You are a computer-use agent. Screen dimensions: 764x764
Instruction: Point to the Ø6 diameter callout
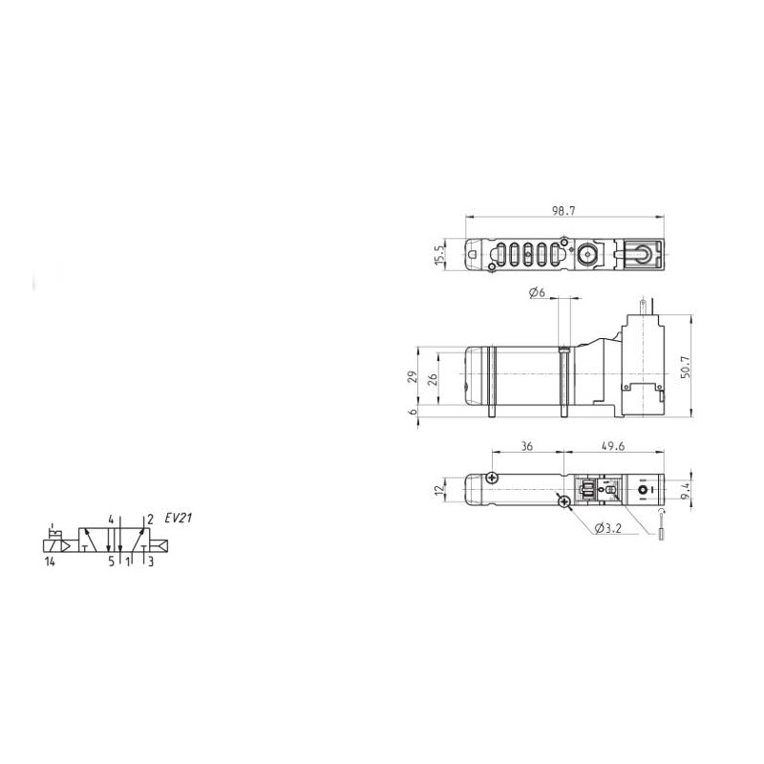(536, 293)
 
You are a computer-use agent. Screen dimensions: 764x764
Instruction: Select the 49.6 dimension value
(615, 445)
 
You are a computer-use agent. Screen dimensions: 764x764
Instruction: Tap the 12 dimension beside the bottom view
(438, 490)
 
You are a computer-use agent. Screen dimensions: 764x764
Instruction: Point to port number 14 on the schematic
(51, 562)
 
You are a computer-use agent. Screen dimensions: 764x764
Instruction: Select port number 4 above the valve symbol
(111, 520)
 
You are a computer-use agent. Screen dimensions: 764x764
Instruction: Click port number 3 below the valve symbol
(150, 562)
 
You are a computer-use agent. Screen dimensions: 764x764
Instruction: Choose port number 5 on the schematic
(111, 562)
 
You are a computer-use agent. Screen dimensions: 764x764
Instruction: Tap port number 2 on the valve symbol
(150, 520)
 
